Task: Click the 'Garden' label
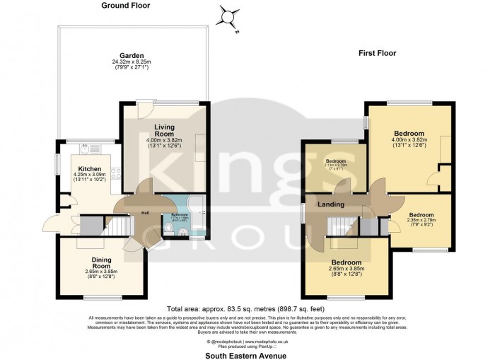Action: [x=132, y=55]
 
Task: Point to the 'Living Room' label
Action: [x=164, y=130]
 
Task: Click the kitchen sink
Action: [x=85, y=149]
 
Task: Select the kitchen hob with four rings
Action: [x=113, y=172]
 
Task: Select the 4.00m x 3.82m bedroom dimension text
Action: [x=409, y=141]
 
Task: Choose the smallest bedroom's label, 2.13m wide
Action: [x=334, y=162]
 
